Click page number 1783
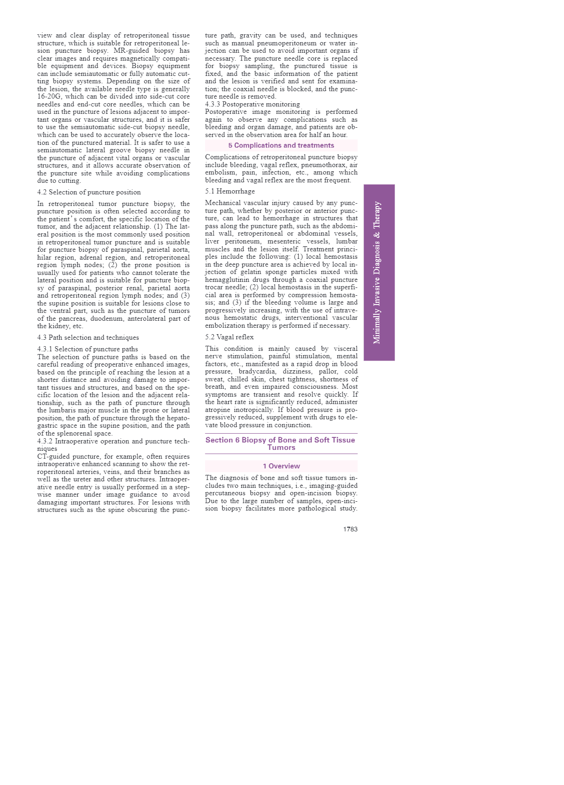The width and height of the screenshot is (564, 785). [350, 529]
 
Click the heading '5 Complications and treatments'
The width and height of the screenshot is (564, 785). [281, 145]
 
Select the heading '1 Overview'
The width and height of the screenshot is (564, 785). [281, 466]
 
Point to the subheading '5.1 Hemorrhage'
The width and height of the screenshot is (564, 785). [230, 191]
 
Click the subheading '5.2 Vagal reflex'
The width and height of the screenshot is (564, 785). [229, 337]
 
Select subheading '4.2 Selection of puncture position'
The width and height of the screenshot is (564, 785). [89, 192]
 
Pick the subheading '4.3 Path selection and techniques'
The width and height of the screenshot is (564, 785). [88, 337]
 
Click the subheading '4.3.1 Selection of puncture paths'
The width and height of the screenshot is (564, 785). [88, 349]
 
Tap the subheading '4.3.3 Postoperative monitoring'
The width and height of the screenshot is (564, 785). [252, 104]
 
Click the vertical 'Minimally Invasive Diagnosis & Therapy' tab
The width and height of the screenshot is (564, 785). [379, 272]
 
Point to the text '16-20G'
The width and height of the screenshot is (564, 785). [50, 96]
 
